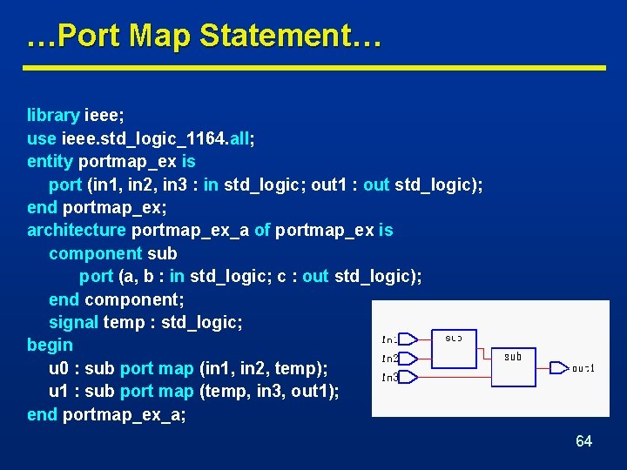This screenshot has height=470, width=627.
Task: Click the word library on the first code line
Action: (x=53, y=115)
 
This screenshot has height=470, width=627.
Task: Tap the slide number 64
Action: (x=583, y=441)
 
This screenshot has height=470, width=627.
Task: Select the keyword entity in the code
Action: (x=50, y=161)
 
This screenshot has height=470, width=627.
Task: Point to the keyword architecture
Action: (x=77, y=230)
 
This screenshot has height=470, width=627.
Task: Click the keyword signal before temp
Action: (x=73, y=322)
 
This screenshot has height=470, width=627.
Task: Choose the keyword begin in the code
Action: (x=50, y=345)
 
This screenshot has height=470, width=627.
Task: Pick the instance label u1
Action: (x=60, y=391)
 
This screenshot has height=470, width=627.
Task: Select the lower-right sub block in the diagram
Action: (x=513, y=365)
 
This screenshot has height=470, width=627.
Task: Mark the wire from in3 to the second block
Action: (x=462, y=377)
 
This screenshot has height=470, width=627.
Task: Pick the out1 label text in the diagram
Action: (x=583, y=368)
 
